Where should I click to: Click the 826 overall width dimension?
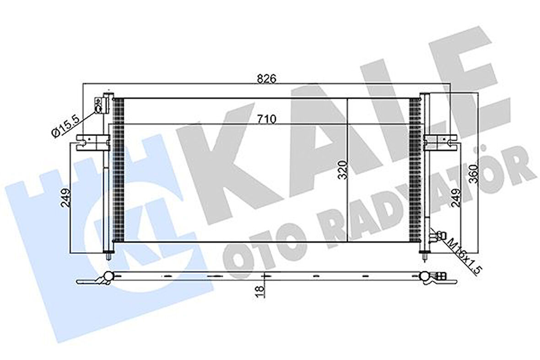point(270,78)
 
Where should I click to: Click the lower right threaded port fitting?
point(437,235)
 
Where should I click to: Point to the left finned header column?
point(118,169)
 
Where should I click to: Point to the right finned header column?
point(416,169)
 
